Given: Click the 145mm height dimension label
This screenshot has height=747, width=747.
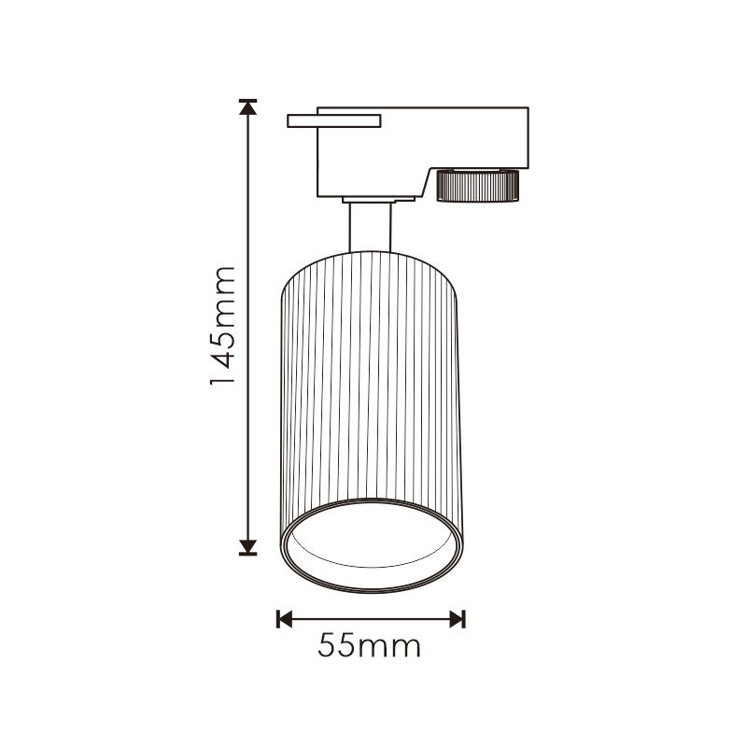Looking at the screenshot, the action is coord(223,326).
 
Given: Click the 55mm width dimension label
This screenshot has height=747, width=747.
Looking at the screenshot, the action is coord(369,646).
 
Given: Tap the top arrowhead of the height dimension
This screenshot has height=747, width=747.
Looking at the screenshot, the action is coord(247,108).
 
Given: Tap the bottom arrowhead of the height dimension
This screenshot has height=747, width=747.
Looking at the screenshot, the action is coord(247,547).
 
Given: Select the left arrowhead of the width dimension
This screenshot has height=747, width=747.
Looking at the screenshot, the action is coord(285,619).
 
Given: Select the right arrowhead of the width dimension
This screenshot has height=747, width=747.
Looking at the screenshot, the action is coord(457,619).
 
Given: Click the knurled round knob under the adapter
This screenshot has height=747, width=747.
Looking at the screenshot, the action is coord(477,185).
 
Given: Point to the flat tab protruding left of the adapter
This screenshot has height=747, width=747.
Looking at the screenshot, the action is coord(334,121).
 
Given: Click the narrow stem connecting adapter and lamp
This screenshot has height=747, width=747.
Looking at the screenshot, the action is coord(370,227).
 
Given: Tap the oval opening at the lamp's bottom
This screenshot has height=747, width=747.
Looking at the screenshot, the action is coord(372,545).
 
